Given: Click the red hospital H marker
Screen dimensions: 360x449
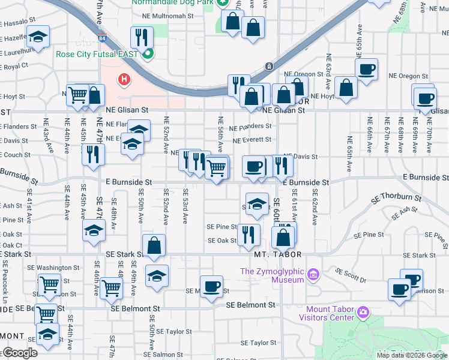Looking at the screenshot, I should (x=124, y=79).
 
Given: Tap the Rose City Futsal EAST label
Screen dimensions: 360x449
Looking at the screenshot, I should (x=96, y=54).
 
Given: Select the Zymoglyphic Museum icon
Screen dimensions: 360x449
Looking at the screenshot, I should (x=312, y=275).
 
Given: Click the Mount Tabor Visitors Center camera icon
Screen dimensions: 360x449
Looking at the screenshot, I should (x=362, y=313).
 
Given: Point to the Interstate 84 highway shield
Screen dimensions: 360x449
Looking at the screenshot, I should (x=103, y=39).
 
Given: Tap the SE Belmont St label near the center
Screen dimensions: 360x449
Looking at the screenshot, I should (x=250, y=305).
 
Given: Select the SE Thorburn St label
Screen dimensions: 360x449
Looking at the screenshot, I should (x=397, y=197).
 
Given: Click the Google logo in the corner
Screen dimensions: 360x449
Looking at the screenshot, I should (x=19, y=352).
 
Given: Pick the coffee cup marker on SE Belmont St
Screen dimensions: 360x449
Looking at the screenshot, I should (x=211, y=287).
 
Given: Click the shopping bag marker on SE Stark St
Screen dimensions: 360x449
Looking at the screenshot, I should (x=154, y=246).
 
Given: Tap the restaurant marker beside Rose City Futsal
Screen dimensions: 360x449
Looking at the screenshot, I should (x=142, y=38).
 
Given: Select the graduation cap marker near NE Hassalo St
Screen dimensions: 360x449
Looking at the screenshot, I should (x=37, y=38).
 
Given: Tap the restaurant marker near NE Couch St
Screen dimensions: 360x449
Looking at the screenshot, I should (x=94, y=154).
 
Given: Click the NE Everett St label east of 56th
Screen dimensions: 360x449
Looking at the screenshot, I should (x=252, y=140).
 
